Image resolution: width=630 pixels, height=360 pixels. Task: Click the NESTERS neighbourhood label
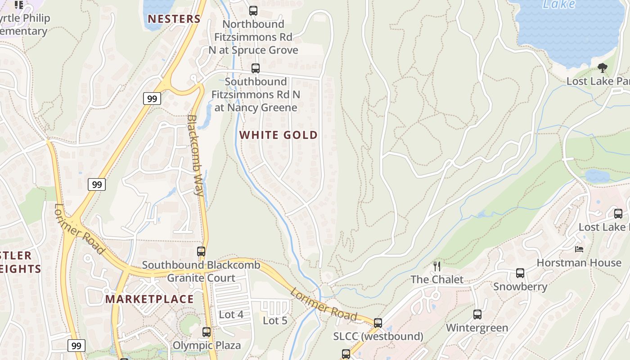[174, 19]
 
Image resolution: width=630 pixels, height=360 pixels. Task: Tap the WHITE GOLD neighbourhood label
[278, 135]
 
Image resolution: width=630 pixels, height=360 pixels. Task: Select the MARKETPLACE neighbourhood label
[149, 299]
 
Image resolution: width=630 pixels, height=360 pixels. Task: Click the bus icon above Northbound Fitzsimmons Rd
[253, 10]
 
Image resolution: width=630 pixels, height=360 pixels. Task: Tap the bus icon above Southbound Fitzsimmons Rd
[256, 68]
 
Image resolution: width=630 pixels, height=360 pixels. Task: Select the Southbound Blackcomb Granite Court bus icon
[201, 252]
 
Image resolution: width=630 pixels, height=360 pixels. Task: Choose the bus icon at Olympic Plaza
[207, 332]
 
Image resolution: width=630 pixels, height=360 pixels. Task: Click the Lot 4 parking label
[231, 315]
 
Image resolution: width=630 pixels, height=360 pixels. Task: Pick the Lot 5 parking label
[275, 321]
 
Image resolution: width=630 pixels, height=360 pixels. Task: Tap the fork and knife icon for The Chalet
[436, 266]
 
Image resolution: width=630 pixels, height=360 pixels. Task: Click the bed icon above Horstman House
[579, 249]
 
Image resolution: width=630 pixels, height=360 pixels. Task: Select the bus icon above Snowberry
[520, 273]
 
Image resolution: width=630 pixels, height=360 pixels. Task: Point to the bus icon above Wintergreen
[477, 315]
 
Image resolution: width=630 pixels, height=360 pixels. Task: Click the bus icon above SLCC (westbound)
[378, 323]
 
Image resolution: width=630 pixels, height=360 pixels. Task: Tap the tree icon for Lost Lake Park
[602, 68]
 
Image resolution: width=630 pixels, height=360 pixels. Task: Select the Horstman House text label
[579, 263]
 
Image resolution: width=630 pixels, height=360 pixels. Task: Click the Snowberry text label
[520, 287]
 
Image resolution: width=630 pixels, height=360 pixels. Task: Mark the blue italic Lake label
[559, 4]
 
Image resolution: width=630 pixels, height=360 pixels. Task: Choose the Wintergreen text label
[477, 328]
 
